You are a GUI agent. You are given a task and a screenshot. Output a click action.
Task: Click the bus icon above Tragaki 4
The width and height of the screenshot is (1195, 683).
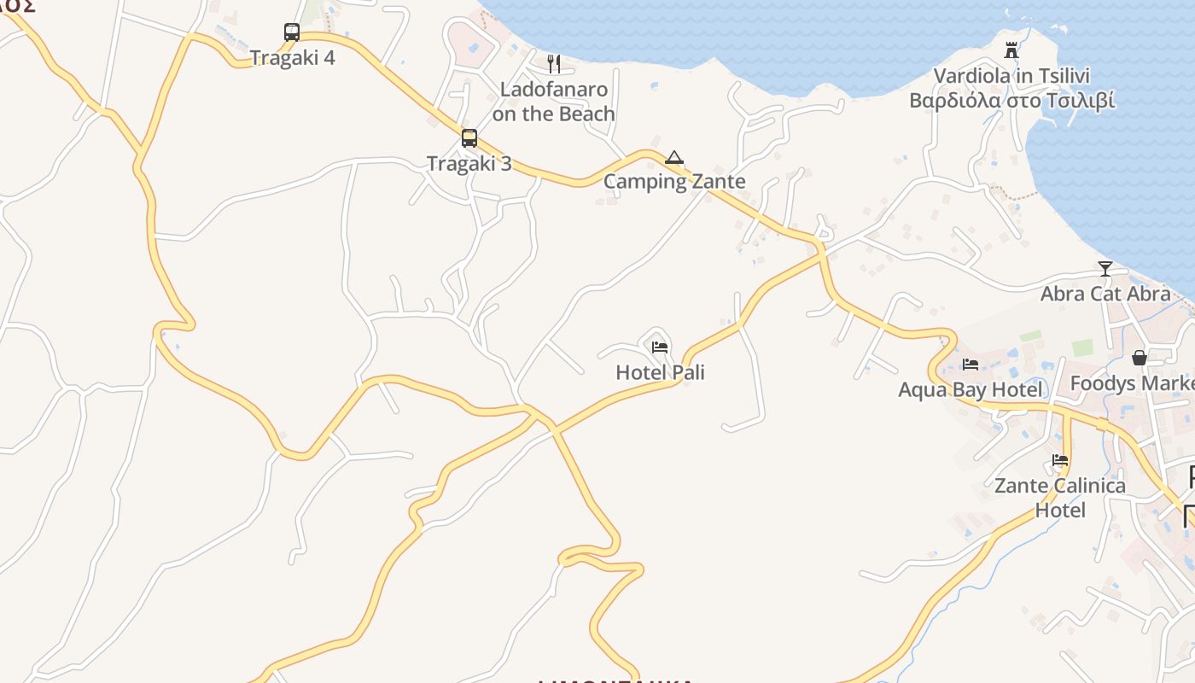click(292, 32)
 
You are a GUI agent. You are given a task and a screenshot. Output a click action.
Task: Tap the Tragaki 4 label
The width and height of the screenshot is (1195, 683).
click(292, 58)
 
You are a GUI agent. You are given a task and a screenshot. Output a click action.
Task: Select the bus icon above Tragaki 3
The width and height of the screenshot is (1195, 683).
click(469, 138)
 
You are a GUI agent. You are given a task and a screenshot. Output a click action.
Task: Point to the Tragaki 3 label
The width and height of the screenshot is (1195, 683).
click(469, 163)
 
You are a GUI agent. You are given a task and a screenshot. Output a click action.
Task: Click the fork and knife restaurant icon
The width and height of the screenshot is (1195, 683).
click(554, 63)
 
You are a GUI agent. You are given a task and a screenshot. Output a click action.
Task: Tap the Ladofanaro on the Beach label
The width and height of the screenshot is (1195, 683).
click(554, 102)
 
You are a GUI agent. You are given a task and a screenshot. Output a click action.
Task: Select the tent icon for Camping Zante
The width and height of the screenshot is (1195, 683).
click(674, 157)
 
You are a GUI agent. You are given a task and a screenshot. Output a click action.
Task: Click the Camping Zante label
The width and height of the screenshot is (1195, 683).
click(674, 181)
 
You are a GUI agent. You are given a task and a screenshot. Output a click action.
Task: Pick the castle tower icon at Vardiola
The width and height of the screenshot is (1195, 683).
click(1011, 50)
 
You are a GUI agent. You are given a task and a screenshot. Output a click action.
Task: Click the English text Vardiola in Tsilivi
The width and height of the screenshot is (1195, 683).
click(1011, 76)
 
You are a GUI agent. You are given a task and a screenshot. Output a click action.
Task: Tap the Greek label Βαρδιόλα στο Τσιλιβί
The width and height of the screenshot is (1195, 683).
click(1011, 101)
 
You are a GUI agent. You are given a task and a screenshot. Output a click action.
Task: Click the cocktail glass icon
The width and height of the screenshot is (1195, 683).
click(1105, 269)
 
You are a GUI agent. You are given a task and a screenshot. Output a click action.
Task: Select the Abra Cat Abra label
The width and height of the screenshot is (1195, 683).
click(1105, 294)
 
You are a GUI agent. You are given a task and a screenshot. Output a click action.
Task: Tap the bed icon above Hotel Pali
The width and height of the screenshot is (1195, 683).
click(660, 347)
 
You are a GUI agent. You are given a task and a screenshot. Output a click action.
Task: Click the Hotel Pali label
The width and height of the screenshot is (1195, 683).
click(660, 372)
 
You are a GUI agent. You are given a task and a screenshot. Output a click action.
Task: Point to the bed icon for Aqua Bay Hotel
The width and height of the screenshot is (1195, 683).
click(971, 365)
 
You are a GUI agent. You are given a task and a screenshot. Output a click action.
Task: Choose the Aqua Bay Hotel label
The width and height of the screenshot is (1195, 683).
click(971, 390)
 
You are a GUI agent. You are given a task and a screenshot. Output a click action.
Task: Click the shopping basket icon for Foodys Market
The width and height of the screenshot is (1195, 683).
click(1140, 358)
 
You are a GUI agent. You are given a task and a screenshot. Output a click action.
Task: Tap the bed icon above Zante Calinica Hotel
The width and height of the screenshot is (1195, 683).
click(1060, 460)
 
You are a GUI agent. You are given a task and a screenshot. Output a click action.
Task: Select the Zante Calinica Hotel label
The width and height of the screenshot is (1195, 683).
click(1060, 498)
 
